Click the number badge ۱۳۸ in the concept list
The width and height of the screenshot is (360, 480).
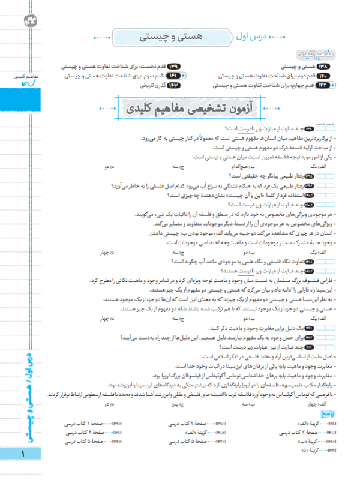pyautogui.click(x=339, y=66)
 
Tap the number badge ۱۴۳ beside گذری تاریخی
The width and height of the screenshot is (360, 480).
pyautogui.click(x=173, y=86)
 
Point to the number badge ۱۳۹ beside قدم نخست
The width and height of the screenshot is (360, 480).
pyautogui.click(x=173, y=66)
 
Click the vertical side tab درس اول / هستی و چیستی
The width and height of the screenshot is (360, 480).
pyautogui.click(x=25, y=397)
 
